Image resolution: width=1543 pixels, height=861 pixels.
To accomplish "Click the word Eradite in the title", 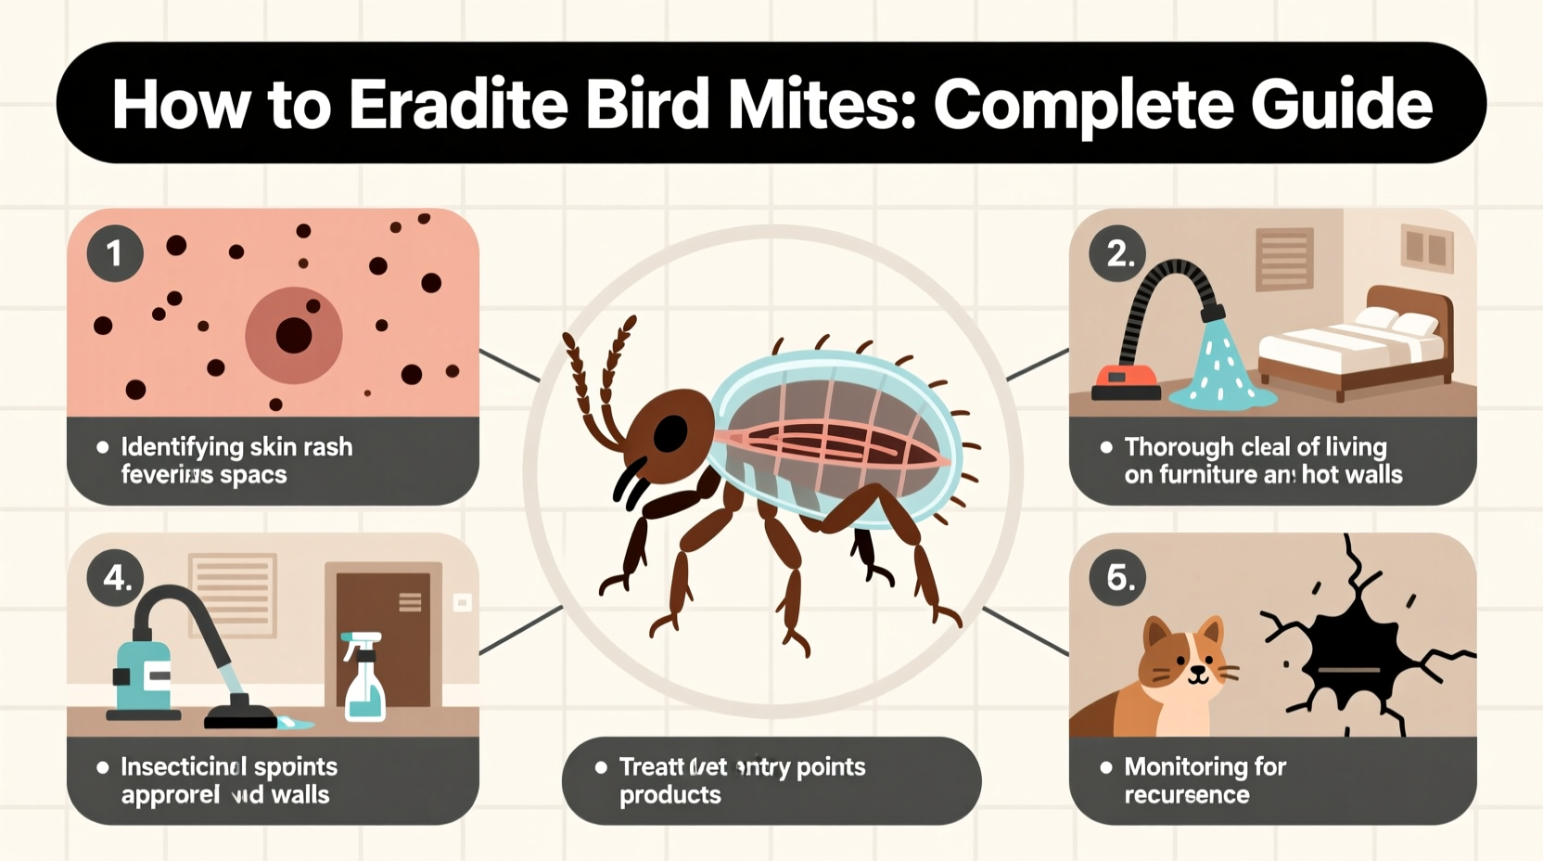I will coord(458,104).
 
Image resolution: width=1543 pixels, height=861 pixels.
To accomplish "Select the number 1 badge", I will coord(115,253).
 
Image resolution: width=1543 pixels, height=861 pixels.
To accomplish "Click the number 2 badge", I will coord(1118,253).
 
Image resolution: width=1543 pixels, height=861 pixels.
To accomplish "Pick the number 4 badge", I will coord(116,578).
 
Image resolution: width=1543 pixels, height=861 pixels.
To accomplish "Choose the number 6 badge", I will coord(1118,578).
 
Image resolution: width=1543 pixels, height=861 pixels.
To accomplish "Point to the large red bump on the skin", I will coord(293,335).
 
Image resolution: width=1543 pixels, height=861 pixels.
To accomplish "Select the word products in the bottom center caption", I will coord(669,795).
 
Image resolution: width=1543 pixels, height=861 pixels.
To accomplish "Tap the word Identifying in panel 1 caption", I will coord(182,447).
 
